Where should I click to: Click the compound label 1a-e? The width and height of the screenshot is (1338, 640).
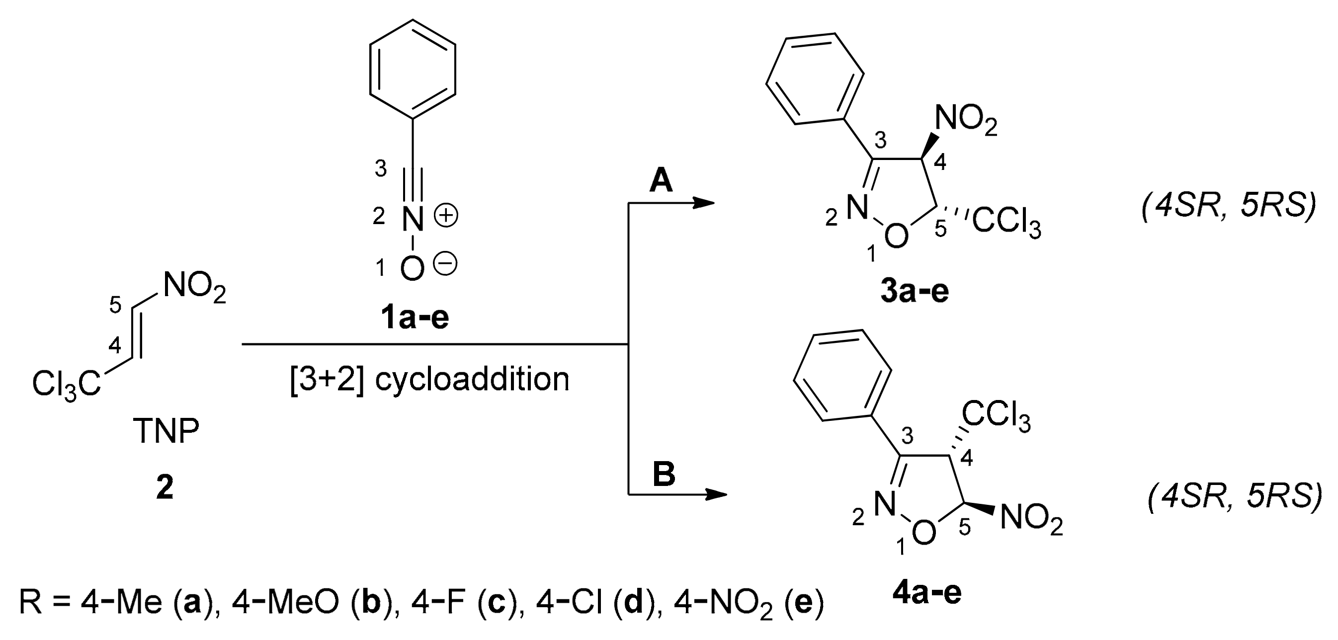[414, 318]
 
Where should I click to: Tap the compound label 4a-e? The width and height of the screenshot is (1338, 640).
[927, 593]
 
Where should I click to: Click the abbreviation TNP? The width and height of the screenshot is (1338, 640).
[166, 431]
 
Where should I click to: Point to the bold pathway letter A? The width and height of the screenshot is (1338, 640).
[661, 182]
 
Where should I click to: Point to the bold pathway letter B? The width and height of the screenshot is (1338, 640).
[664, 474]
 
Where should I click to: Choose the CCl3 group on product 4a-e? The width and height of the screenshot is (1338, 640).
[996, 416]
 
